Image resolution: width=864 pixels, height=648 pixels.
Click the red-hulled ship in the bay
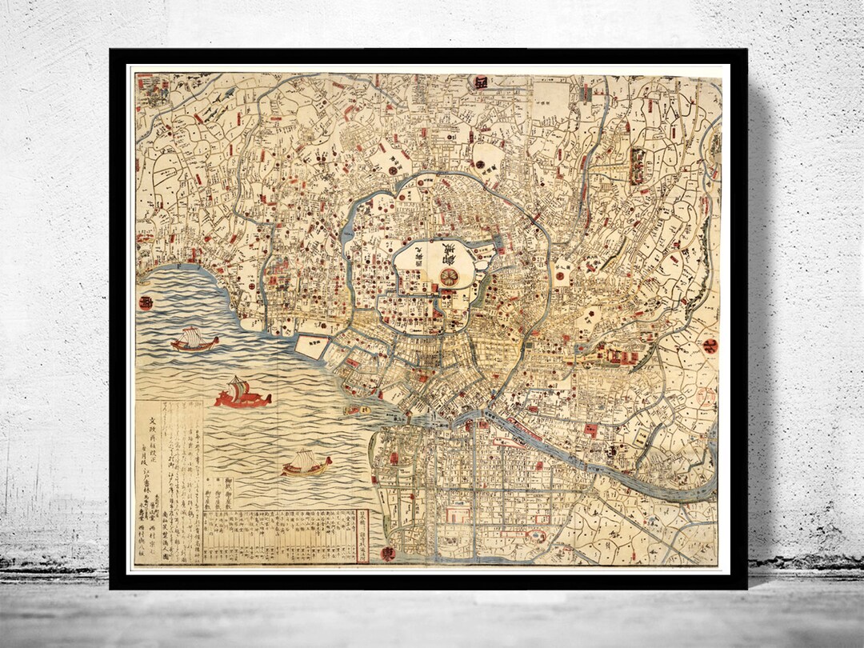(242, 394)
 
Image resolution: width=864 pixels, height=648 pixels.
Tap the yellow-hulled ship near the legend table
(306, 463)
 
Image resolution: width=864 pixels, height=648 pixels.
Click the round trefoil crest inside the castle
(450, 277)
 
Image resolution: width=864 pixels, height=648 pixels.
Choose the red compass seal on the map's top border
(480, 83)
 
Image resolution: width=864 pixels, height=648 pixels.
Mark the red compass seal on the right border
(710, 347)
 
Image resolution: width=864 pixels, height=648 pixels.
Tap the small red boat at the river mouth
(354, 410)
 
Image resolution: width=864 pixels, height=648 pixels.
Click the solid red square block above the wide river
(591, 430)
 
